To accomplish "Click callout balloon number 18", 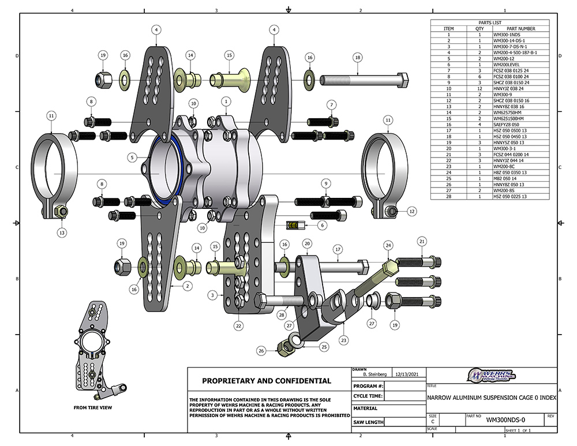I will click(358, 58).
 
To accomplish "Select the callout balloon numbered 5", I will click(132, 157).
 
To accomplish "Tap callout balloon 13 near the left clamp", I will click(62, 233).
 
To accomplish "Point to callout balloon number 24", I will click(388, 245).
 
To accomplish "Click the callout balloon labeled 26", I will click(261, 350).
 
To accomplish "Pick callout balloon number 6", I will click(322, 225).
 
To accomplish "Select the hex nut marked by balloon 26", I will click(284, 347).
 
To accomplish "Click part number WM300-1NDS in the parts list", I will click(507, 35).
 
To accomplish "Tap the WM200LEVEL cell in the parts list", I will click(508, 65).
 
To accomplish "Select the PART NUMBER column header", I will click(520, 28).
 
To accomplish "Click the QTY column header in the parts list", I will click(479, 28).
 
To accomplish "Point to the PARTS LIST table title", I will click(490, 23).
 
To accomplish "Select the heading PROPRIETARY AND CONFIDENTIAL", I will click(266, 381).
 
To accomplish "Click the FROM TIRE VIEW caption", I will click(92, 407).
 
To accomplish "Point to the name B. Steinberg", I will click(370, 374).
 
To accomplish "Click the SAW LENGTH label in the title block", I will click(368, 422).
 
